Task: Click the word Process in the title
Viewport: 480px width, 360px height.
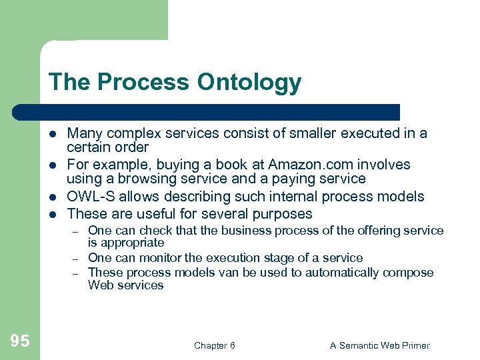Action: (x=141, y=83)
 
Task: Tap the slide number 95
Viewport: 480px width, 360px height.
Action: (x=20, y=341)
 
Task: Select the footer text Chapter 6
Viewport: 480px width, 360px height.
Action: (x=214, y=345)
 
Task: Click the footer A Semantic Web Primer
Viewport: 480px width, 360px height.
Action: (x=380, y=345)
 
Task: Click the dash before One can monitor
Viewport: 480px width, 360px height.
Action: (x=76, y=258)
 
